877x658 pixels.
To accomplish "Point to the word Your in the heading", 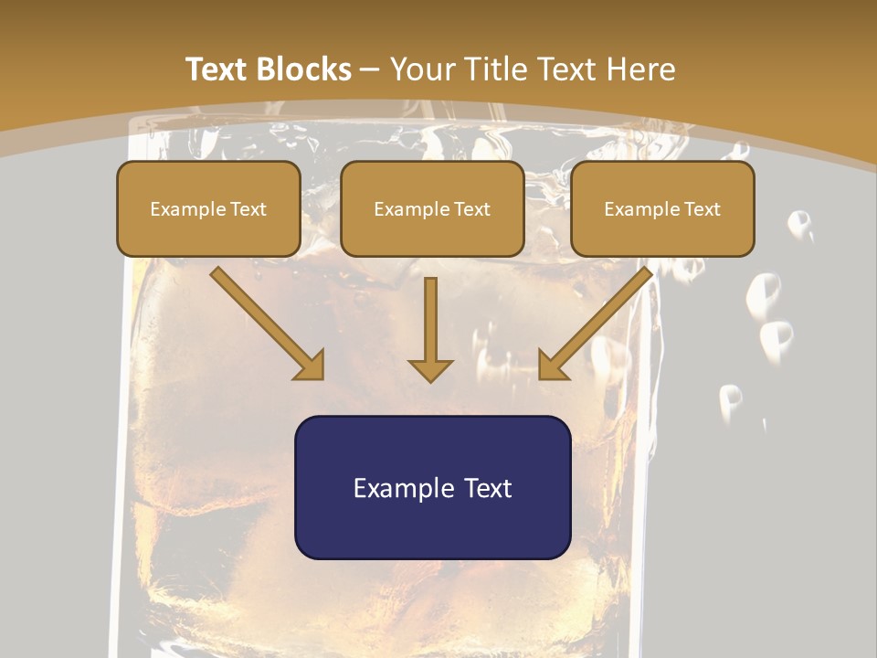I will pos(423,69).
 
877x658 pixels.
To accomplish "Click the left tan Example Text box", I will pos(208,208).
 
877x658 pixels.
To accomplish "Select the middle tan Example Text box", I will pos(432,208).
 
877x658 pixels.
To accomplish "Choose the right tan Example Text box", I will pos(662,208).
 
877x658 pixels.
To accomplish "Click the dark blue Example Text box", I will pos(432,487).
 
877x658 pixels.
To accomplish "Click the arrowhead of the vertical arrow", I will pos(430,369).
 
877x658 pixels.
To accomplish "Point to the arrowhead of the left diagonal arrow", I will pos(312,366).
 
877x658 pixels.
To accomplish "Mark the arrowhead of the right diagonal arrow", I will pos(552,366).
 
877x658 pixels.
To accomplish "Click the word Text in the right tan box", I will pos(702,209).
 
